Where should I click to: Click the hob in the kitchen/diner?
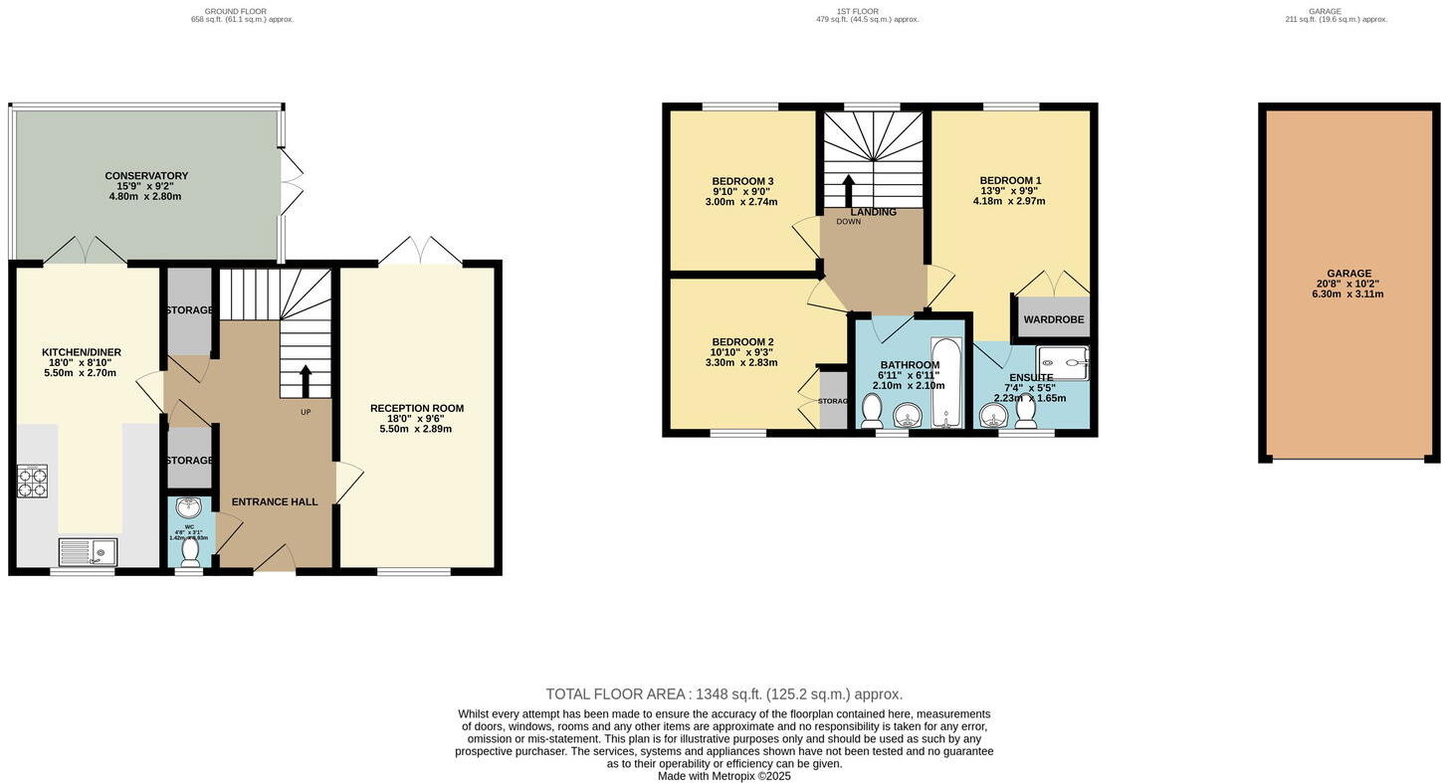[x=32, y=481]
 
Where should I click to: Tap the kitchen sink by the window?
[x=88, y=551]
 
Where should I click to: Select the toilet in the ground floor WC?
[x=190, y=552]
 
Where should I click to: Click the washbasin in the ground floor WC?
[x=188, y=507]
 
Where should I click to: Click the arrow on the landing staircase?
[x=848, y=190]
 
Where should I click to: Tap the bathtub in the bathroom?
[x=945, y=382]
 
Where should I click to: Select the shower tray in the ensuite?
[x=1062, y=362]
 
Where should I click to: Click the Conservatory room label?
[x=146, y=176]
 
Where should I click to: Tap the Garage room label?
[x=1348, y=274]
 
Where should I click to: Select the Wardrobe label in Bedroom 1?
[x=1053, y=319]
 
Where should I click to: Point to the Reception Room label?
[x=416, y=408]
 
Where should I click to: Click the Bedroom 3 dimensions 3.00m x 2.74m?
[x=741, y=202]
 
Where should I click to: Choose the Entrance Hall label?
[x=275, y=501]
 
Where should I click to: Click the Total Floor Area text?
[x=723, y=693]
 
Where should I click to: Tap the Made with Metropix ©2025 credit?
[x=723, y=776]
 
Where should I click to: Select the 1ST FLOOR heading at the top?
[x=857, y=11]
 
